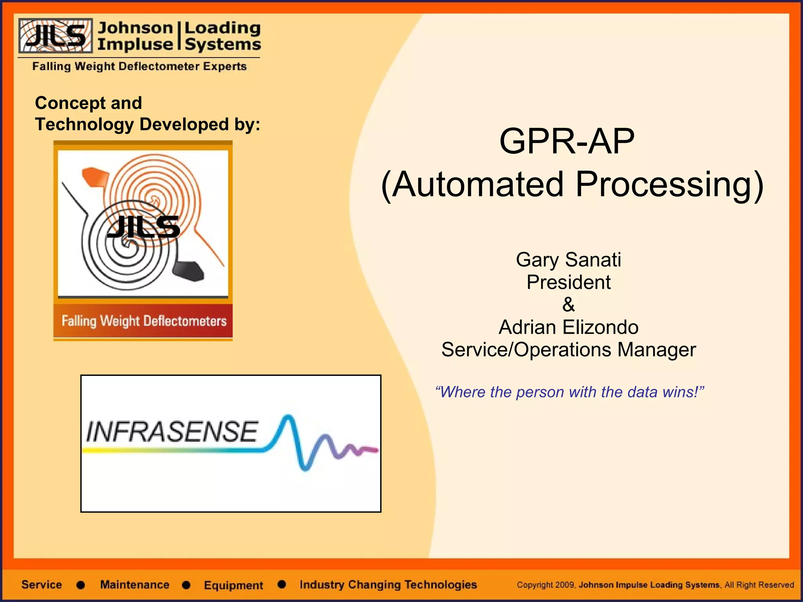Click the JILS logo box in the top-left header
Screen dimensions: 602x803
tap(55, 35)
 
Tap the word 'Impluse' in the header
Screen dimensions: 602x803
tap(135, 44)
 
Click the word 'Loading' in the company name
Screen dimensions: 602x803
tap(222, 27)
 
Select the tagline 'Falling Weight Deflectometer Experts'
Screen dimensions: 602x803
tap(139, 66)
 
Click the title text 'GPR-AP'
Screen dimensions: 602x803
tap(567, 141)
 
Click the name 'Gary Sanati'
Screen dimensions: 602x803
tap(568, 259)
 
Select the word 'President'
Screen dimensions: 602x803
tap(568, 282)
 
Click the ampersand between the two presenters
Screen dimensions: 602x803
tap(568, 305)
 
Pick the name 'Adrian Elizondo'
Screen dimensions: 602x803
tap(568, 327)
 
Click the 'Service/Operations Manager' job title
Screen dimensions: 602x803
tap(568, 350)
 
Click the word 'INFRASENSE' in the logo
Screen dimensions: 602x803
tap(172, 432)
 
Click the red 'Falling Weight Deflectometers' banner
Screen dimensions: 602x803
tap(144, 321)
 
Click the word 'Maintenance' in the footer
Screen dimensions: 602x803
tap(134, 585)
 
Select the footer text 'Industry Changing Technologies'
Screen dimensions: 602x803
tap(388, 585)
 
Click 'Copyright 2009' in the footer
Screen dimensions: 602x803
tap(546, 585)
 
